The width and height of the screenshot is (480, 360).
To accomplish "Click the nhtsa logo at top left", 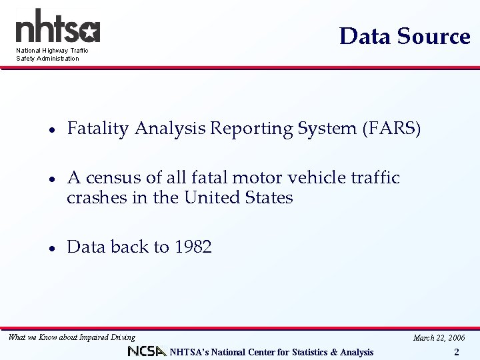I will (x=57, y=27).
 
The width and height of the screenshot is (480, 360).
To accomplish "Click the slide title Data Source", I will (x=405, y=36).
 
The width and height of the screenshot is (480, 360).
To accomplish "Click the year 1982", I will (x=193, y=247).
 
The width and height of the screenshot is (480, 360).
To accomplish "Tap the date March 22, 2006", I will (x=439, y=338).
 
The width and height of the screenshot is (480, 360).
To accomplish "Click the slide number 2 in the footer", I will (x=456, y=352).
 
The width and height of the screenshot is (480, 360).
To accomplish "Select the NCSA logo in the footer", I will (x=147, y=351).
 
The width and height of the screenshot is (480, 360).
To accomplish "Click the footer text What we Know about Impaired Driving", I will (x=71, y=337).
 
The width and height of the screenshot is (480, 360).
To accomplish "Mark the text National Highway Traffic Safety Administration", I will (x=52, y=54).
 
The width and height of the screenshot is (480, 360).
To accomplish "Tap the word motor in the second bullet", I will (x=259, y=178).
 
